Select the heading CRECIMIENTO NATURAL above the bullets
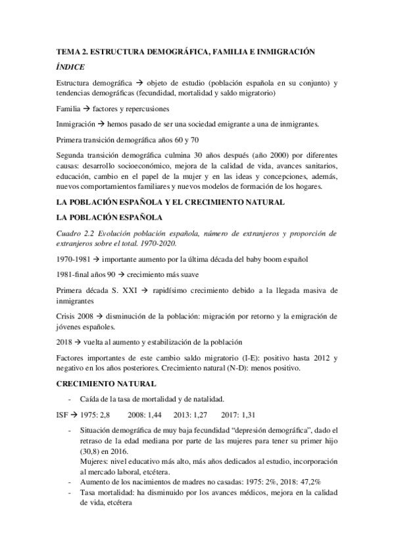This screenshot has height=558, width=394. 106,383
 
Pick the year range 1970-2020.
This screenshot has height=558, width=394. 149,244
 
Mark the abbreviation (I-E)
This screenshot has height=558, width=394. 271,358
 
